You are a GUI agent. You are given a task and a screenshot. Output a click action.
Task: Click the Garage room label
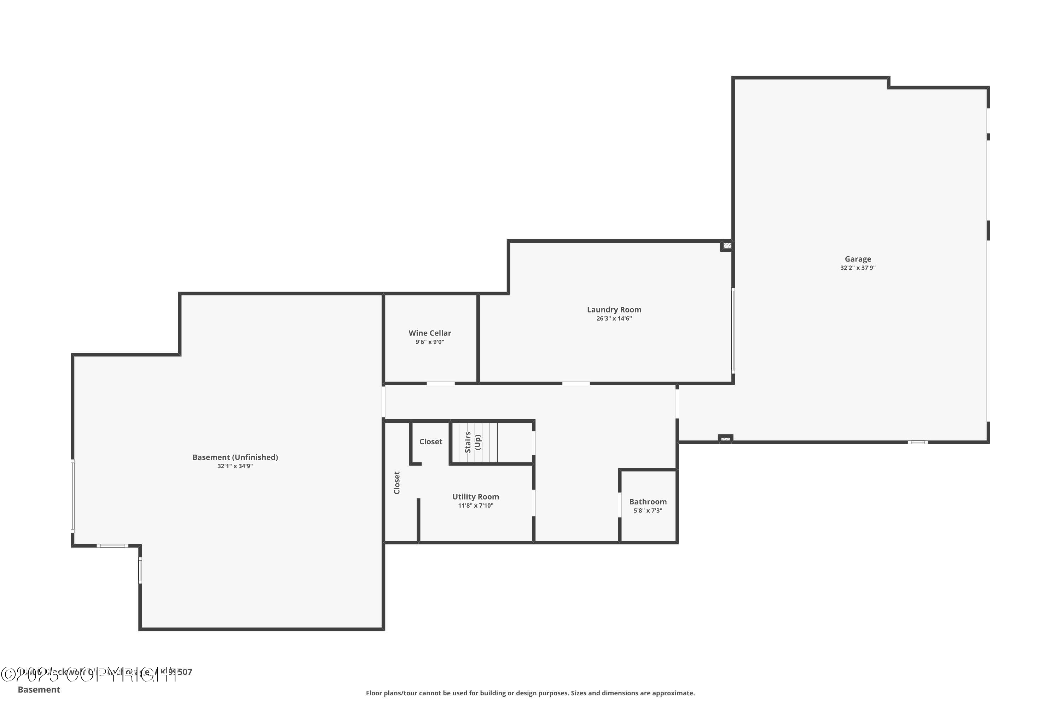click(858, 259)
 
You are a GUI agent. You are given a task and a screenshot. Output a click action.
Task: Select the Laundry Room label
click(614, 310)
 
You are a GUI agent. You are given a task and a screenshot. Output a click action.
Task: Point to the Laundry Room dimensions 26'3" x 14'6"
click(614, 319)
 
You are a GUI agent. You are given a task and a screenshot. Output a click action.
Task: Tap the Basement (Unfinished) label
click(235, 457)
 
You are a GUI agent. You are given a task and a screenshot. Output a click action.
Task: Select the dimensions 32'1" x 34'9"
click(235, 466)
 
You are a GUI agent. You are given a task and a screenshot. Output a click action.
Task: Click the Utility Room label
click(475, 497)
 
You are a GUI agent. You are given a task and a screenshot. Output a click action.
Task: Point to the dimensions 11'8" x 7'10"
click(475, 506)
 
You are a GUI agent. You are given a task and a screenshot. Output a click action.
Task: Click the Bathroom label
click(648, 502)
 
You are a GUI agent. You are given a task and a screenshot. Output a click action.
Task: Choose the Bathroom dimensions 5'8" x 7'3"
click(648, 511)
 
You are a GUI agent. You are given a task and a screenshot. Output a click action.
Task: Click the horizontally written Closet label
click(430, 442)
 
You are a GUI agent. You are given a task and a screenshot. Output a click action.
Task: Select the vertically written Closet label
click(397, 483)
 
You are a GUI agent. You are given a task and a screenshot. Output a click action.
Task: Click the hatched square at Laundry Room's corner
click(727, 246)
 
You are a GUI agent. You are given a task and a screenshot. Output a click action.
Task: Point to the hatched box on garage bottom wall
click(725, 439)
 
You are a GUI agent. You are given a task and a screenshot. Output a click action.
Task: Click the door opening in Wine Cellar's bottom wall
click(441, 384)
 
